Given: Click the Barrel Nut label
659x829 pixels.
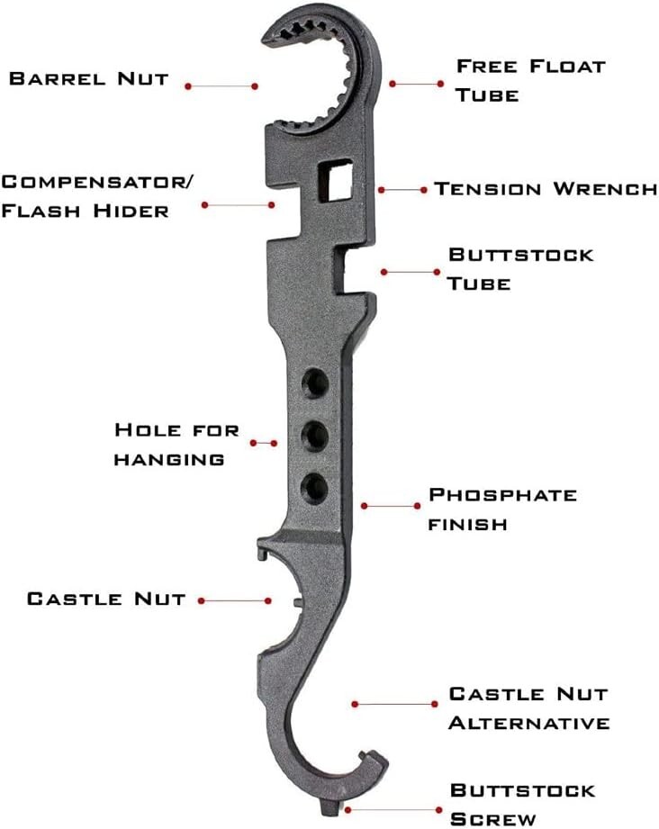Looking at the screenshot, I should (x=88, y=78).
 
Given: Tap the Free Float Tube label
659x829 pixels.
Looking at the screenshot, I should (x=530, y=79).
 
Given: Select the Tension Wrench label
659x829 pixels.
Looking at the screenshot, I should (x=546, y=189).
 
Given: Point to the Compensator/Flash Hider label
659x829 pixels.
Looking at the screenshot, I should (x=97, y=196).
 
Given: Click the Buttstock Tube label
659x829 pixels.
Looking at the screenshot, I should (x=520, y=268).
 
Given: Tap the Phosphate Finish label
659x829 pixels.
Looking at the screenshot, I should (x=502, y=509).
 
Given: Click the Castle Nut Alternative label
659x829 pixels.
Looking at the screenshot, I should (x=528, y=707).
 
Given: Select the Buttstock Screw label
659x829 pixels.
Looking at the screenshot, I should (x=522, y=804).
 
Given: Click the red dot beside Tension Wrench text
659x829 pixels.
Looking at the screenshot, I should (x=424, y=190).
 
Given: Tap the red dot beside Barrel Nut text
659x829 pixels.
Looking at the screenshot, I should (x=188, y=86).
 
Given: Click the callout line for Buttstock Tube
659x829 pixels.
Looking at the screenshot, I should (x=410, y=271).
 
